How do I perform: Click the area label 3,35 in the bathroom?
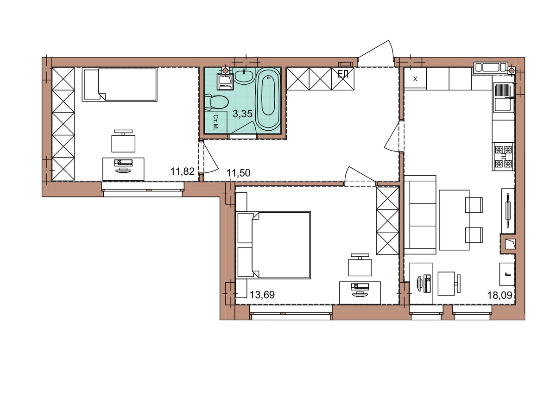click(x=242, y=114)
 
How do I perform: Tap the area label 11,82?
click(x=182, y=171)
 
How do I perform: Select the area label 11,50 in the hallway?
click(x=238, y=173)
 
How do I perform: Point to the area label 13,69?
click(x=262, y=295)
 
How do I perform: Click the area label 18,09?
click(x=499, y=295)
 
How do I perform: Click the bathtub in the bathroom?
click(x=268, y=99)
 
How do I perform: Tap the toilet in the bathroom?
click(x=216, y=102)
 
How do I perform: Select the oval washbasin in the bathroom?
click(x=244, y=76)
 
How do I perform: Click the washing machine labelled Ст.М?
click(x=215, y=122)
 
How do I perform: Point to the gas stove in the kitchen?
click(x=503, y=157)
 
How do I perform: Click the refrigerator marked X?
click(x=415, y=79)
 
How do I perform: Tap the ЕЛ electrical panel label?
click(x=343, y=74)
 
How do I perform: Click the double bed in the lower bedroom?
click(x=274, y=245)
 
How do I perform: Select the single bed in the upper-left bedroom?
click(x=120, y=85)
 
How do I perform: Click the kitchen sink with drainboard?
click(x=503, y=98)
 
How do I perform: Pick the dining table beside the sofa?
click(x=454, y=220)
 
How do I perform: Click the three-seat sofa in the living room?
click(x=420, y=215)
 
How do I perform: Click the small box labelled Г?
click(x=507, y=274)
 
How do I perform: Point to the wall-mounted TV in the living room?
click(x=508, y=210)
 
